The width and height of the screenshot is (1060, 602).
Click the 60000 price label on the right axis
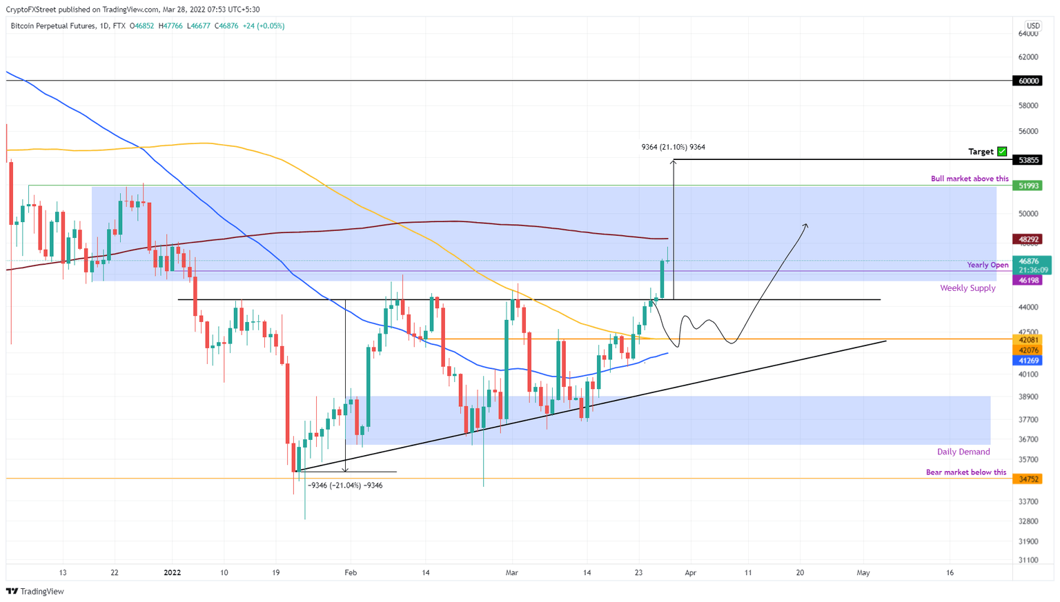[1028, 81]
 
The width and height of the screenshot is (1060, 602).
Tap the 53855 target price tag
[1028, 160]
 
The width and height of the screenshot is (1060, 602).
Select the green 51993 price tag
[1028, 185]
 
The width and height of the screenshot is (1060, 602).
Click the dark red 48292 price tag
[1028, 239]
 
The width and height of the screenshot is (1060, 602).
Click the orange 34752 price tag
[1028, 479]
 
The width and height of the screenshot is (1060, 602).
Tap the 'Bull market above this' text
[969, 179]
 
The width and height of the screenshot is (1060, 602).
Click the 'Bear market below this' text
[965, 472]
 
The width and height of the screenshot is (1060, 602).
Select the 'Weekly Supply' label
[967, 288]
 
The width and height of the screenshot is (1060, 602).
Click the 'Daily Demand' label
[963, 452]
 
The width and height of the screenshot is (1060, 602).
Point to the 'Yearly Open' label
[987, 265]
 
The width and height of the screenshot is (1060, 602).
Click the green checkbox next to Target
[1002, 152]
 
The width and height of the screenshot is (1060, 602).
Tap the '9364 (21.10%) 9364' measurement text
[673, 147]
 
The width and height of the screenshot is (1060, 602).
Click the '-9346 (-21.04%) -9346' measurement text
[345, 485]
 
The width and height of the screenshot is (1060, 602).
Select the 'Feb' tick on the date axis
[351, 572]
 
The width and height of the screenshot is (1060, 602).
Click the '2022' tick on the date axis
[172, 572]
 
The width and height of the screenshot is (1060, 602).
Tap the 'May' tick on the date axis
[863, 572]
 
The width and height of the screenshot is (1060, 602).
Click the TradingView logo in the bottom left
[35, 591]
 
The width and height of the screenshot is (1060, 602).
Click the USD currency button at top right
[1032, 26]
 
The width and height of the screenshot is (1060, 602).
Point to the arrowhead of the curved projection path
[805, 225]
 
